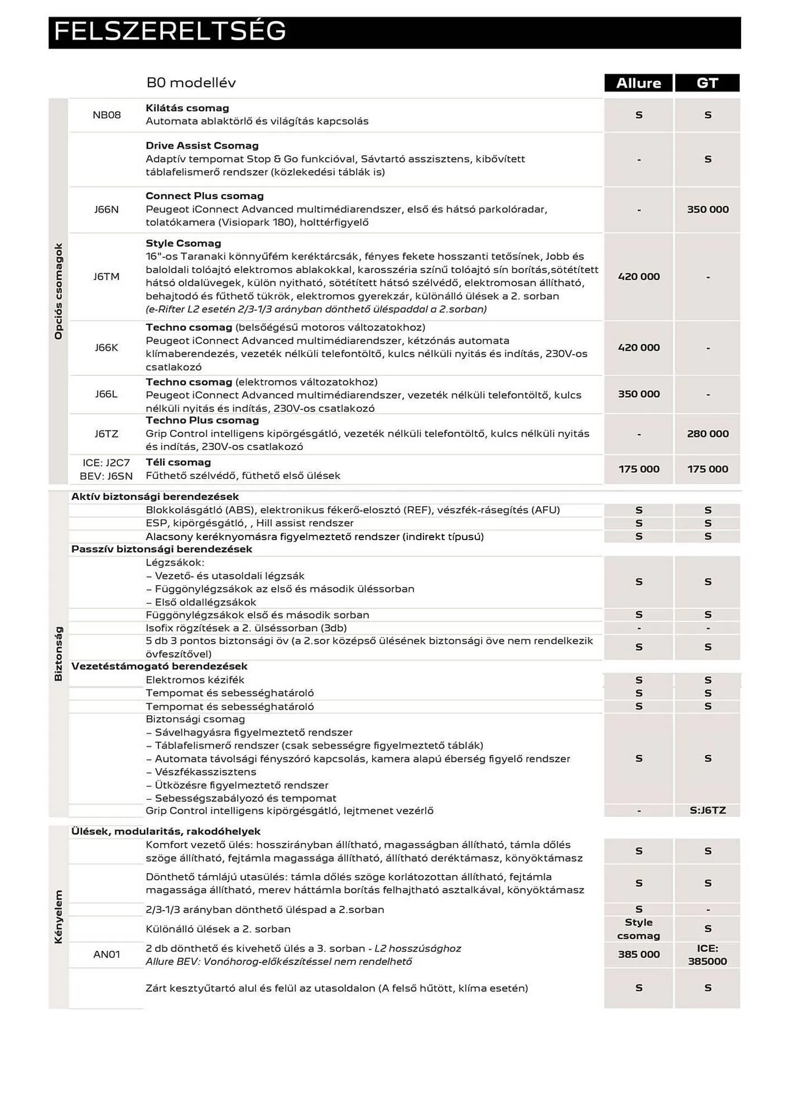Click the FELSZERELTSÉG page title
coord(170,32)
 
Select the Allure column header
coord(638,83)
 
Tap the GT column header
coord(707,83)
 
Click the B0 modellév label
coord(191,83)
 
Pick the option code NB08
coord(107,115)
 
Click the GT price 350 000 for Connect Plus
coord(708,210)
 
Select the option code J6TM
coord(106,277)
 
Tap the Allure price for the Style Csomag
coord(639,277)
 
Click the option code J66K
coord(106,348)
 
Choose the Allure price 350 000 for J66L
coord(639,394)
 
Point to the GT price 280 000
coord(708,434)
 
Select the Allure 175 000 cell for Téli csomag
coord(639,469)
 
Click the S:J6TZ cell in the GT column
coord(708,810)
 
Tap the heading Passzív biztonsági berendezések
coord(162,549)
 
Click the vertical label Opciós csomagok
coord(59,291)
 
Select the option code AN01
coord(106,955)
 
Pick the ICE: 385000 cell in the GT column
coord(708,955)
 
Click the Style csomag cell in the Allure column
coord(639,929)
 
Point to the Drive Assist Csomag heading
coord(202,146)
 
